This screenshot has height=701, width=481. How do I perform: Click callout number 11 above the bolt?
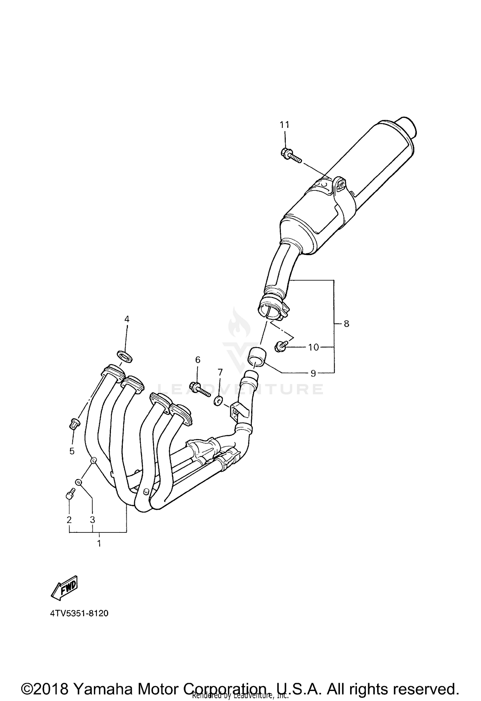284,125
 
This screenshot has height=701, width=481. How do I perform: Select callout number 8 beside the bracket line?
346,324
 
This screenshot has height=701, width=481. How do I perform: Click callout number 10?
313,347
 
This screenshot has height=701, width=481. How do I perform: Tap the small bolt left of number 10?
280,346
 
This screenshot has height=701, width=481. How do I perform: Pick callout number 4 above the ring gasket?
127,319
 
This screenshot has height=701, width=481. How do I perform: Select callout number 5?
72,451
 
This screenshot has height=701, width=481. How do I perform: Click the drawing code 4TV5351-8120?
79,613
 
